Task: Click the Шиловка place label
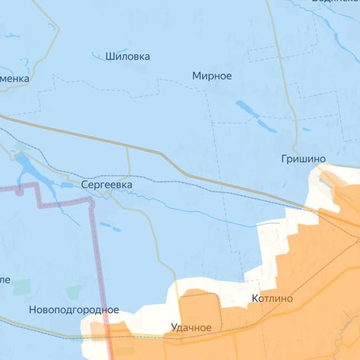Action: pyautogui.click(x=128, y=57)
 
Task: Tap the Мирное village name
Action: pyautogui.click(x=212, y=76)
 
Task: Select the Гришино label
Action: pyautogui.click(x=303, y=159)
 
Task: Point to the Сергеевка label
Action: pyautogui.click(x=106, y=185)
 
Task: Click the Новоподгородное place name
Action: pyautogui.click(x=74, y=310)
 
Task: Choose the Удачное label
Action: pyautogui.click(x=191, y=327)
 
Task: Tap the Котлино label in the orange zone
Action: pyautogui.click(x=272, y=298)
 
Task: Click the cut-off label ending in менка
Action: pyautogui.click(x=14, y=79)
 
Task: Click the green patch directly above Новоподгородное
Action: pyautogui.click(x=73, y=292)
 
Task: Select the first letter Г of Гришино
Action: pyautogui.click(x=284, y=159)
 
